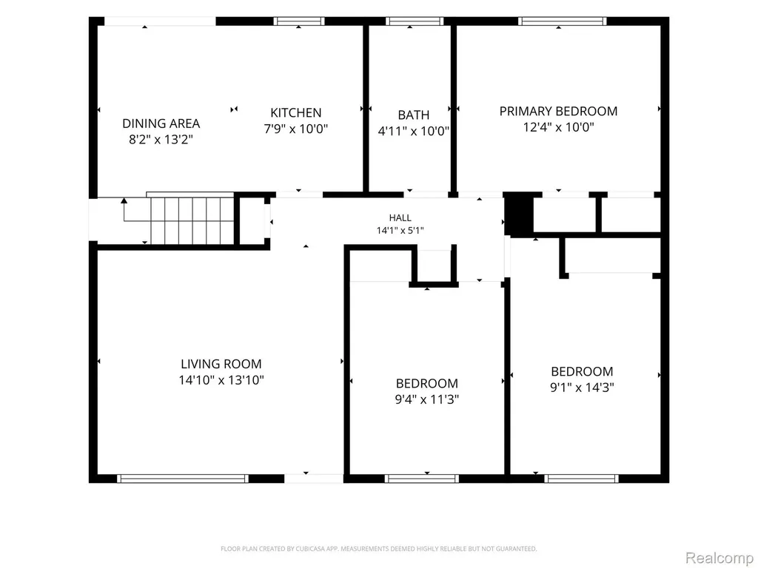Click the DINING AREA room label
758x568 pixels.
tap(161, 124)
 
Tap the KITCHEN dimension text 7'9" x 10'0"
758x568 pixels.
tap(296, 129)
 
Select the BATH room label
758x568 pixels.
tap(413, 115)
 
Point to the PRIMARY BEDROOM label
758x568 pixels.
tap(558, 111)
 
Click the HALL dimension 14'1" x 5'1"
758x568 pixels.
tap(400, 231)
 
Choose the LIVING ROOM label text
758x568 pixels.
tap(221, 364)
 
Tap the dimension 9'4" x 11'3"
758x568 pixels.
tap(427, 399)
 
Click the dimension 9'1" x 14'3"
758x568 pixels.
tap(582, 388)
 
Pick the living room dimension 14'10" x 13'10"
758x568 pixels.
tap(221, 380)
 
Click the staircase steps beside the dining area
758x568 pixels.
tap(192, 220)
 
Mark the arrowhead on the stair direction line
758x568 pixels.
tap(124, 200)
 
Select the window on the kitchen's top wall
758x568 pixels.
tap(299, 21)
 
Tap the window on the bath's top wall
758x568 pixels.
tap(415, 21)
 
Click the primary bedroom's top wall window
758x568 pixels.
tap(563, 21)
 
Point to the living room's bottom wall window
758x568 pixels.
tap(183, 479)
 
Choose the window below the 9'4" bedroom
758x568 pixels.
tap(421, 479)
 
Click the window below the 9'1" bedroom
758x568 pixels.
tap(581, 479)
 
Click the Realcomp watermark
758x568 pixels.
tap(720, 558)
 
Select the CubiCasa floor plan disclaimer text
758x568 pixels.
tap(378, 549)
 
